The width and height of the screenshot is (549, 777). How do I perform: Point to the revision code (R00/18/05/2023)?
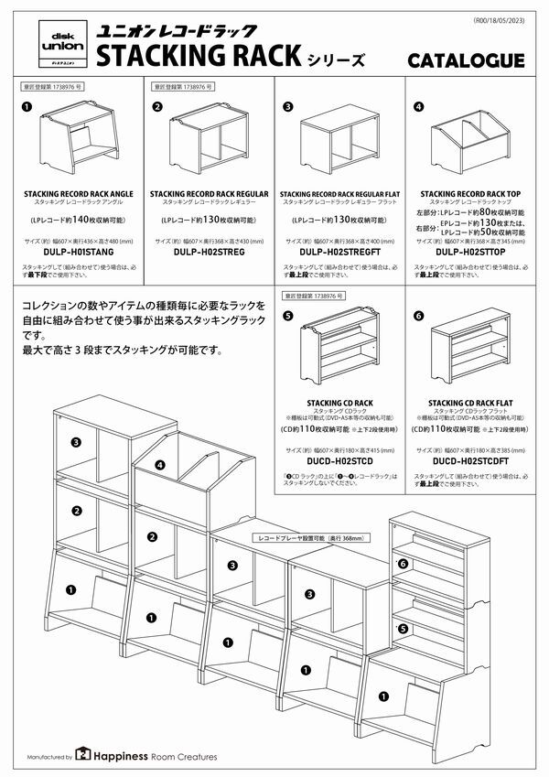coord(502,20)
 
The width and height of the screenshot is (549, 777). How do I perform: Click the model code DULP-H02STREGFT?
coord(339,251)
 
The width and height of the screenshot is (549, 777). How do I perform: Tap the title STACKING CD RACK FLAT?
coord(469,402)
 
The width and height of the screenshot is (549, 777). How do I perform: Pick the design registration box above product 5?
coord(313,297)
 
